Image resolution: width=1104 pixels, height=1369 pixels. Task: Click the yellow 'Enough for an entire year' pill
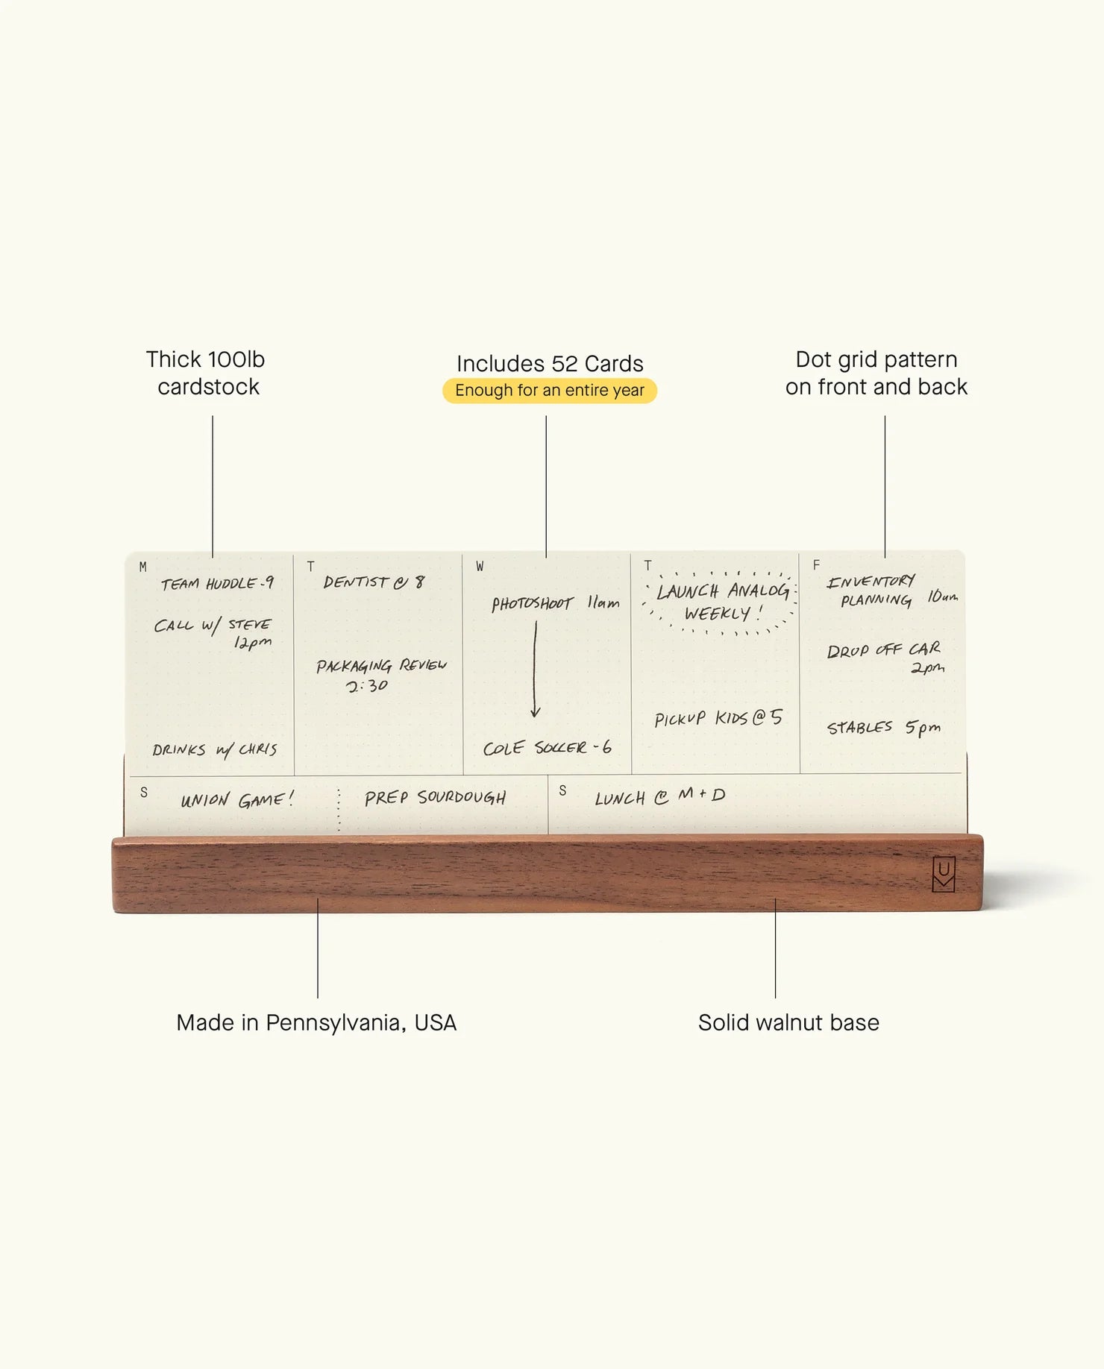point(550,391)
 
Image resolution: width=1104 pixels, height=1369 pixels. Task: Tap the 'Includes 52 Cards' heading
point(550,363)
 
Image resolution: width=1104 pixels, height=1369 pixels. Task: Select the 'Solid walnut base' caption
point(788,1022)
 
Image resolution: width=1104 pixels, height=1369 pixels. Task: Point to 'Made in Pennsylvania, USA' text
point(316,1022)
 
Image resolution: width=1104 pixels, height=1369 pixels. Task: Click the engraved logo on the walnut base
point(944,874)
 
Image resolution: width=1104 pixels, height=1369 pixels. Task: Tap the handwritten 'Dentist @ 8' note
point(374,582)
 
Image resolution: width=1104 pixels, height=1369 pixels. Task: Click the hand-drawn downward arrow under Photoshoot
point(535,670)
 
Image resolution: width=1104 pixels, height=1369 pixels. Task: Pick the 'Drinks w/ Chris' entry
point(215,749)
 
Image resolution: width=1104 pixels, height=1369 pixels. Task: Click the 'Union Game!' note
point(237,800)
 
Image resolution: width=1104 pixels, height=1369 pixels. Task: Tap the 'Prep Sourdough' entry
point(435,798)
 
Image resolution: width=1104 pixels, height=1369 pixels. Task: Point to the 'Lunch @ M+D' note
point(659,796)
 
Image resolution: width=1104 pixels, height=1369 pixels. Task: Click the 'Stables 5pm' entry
point(884,727)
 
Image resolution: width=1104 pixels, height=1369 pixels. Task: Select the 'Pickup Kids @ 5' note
point(718,717)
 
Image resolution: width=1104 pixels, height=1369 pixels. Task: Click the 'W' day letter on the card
point(480,567)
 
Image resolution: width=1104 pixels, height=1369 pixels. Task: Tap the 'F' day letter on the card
point(816,565)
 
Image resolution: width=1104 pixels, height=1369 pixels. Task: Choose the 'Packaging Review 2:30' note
point(381,675)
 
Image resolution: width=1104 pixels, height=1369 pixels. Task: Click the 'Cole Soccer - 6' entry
point(547,747)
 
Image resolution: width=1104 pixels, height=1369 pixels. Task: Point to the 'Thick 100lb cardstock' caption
point(206,373)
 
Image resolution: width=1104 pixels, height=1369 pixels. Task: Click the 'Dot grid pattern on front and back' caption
point(876,373)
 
